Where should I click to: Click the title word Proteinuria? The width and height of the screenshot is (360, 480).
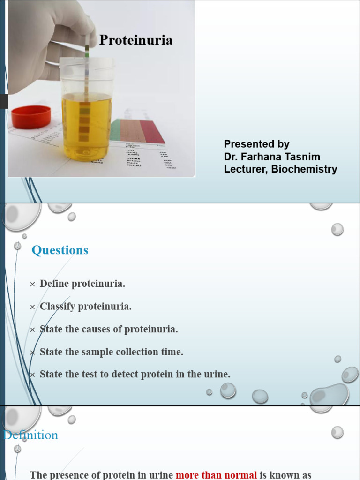[x=136, y=40]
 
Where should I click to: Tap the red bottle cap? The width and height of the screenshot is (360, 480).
[x=31, y=117]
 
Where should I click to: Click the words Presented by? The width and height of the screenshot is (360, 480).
[x=256, y=144]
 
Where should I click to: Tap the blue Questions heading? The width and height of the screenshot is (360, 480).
[x=60, y=250]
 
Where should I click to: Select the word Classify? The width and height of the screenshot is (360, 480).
[x=57, y=307]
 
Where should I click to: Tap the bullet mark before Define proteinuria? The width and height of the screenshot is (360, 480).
[x=32, y=285]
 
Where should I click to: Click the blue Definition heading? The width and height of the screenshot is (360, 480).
[x=31, y=435]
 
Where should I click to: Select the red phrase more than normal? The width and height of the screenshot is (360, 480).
[x=216, y=475]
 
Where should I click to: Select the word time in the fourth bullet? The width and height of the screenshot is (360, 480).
[x=173, y=352]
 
